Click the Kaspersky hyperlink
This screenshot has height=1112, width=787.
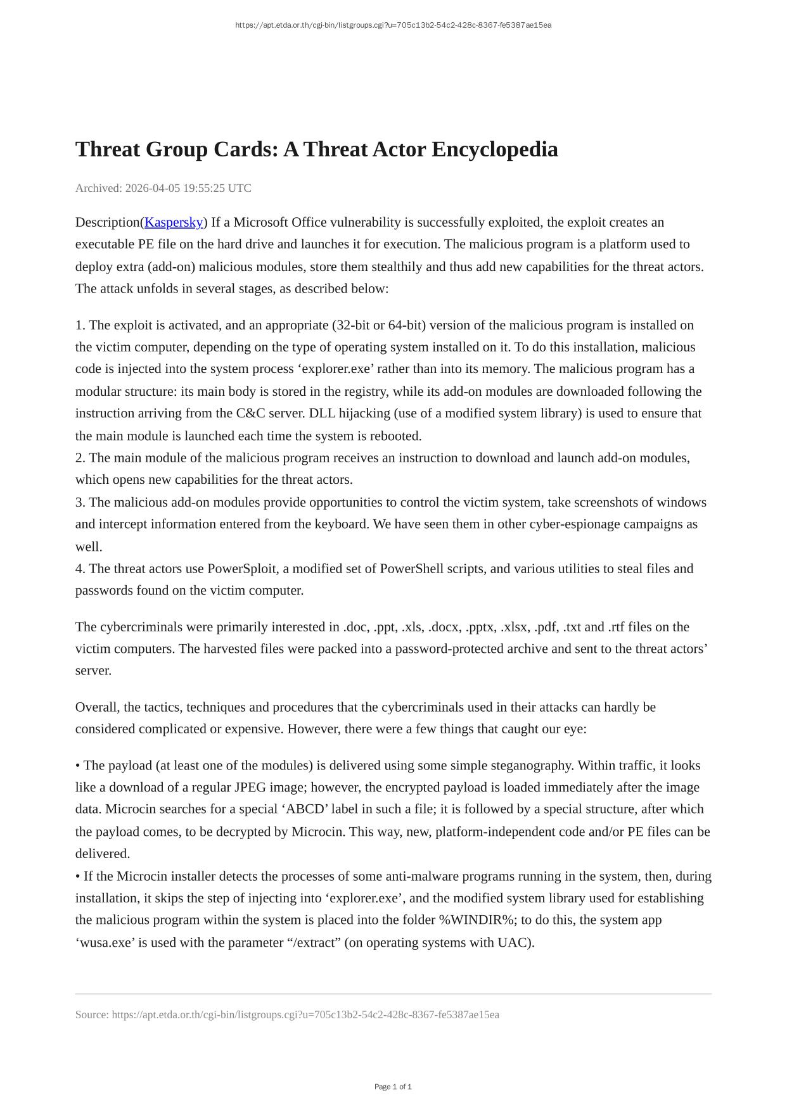tap(174, 222)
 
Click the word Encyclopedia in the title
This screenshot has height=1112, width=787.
tap(496, 149)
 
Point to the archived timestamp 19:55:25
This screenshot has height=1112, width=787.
tap(204, 188)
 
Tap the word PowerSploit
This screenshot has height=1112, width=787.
tap(242, 569)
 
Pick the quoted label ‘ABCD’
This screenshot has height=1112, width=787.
tap(305, 809)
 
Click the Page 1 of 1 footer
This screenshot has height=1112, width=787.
tap(393, 1087)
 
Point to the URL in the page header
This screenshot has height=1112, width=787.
tap(393, 25)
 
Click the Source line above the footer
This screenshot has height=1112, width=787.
tap(287, 1015)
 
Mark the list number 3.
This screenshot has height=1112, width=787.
tap(80, 503)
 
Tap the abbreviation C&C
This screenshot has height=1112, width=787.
tap(251, 414)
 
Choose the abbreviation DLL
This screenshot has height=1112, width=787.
tap(323, 414)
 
